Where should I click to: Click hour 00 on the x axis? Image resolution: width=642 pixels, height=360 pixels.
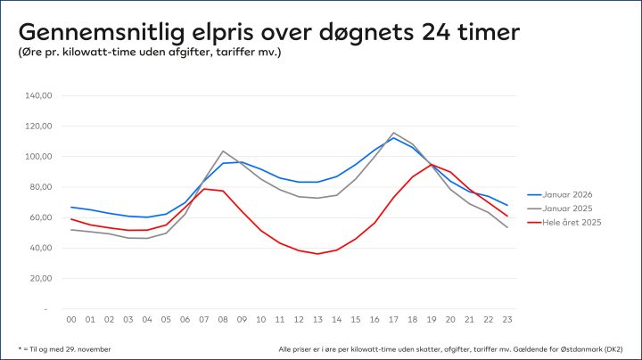tap(71, 320)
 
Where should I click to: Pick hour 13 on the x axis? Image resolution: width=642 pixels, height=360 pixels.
tap(317, 320)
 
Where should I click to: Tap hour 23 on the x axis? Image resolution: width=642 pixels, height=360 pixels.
tap(506, 320)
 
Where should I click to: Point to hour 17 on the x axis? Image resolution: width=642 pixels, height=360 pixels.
tap(393, 320)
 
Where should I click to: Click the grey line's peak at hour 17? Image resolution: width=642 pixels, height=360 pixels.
tap(393, 133)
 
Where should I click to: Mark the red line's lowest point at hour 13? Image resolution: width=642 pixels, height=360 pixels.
tap(317, 254)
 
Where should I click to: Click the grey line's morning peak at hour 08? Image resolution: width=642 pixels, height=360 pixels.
tap(223, 151)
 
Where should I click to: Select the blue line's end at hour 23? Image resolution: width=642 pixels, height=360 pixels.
tap(506, 205)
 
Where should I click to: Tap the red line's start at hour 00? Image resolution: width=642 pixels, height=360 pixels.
tap(71, 218)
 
